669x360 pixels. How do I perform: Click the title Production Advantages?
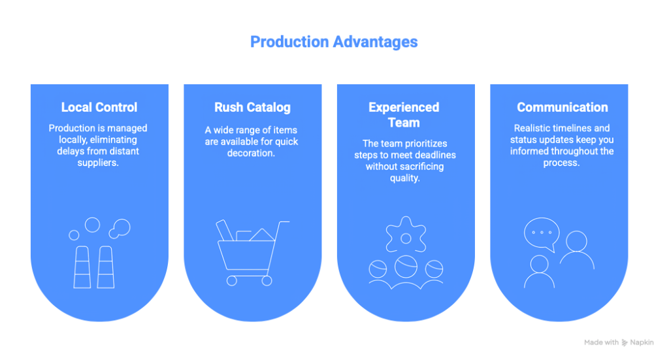(334, 42)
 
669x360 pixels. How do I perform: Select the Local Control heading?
(99, 107)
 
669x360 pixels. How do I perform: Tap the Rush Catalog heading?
(252, 107)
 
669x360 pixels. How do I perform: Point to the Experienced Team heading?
(404, 114)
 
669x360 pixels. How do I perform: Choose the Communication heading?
(562, 107)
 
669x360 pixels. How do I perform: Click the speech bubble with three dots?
(542, 233)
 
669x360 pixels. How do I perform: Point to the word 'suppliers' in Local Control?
(99, 163)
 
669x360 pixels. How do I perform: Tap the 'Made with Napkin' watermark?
(619, 342)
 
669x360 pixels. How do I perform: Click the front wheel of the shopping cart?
(266, 280)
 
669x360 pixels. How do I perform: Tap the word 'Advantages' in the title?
(374, 42)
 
